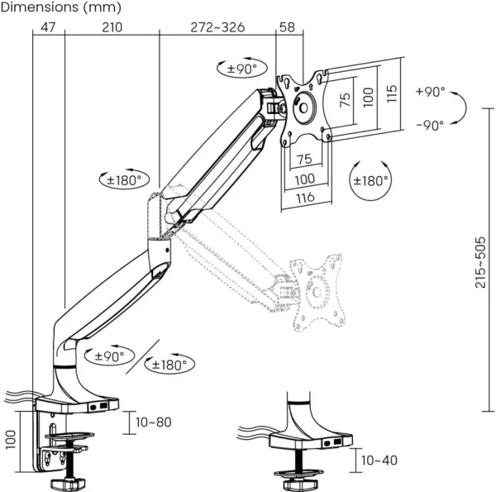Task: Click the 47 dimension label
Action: pos(47,27)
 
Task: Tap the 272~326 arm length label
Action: pos(217,27)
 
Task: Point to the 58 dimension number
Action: pos(287,27)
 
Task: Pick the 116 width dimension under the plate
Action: pos(305,197)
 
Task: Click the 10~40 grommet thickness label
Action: pos(379,461)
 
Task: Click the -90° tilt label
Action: pos(431,125)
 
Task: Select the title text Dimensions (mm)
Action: pos(61,8)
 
